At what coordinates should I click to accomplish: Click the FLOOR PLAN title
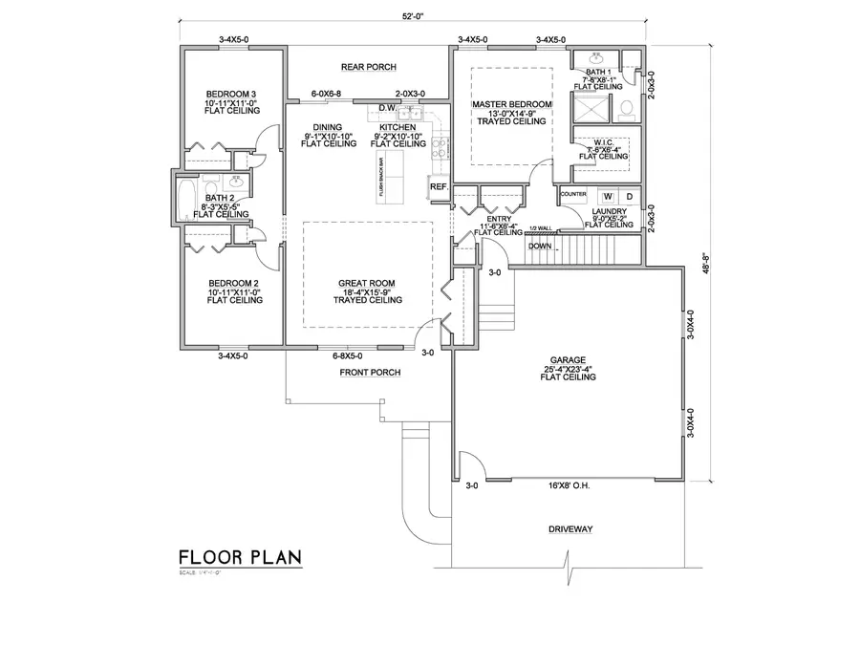239,557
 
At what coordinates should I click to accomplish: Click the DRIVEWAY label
571,528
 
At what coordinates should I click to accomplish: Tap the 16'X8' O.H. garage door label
570,486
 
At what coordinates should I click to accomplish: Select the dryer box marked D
630,195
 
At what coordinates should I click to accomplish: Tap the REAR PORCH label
368,67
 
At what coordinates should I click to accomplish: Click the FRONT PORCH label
368,373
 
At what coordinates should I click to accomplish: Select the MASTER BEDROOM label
510,104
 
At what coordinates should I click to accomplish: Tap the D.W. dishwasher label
387,108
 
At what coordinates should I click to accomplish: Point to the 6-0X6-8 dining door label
326,94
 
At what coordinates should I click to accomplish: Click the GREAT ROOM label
367,284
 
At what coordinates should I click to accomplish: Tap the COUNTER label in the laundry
573,194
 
